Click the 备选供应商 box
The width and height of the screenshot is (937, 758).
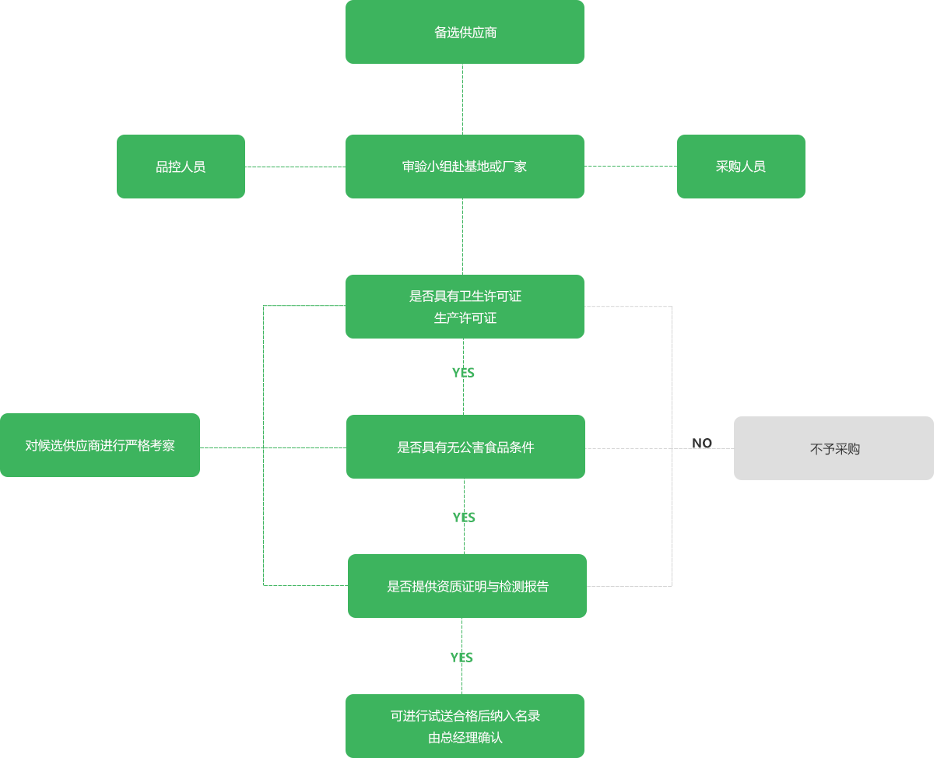tap(465, 32)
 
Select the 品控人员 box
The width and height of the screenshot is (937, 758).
tap(181, 167)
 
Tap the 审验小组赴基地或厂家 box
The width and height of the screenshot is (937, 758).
tap(465, 167)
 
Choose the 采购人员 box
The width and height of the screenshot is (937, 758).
tap(741, 167)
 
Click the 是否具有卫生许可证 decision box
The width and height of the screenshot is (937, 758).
tap(465, 307)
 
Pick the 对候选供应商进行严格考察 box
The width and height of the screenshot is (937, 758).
tap(100, 445)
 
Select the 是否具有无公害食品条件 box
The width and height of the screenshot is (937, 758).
tap(465, 447)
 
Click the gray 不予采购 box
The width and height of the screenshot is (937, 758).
tap(833, 448)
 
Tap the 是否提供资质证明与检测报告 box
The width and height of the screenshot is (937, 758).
tap(467, 586)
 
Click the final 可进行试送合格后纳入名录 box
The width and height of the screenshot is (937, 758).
tap(465, 725)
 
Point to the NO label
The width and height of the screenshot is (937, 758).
tap(702, 443)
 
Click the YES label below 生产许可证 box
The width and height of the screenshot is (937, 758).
tap(463, 373)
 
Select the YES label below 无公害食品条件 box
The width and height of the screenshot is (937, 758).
tap(464, 518)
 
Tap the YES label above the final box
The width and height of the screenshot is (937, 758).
tap(461, 658)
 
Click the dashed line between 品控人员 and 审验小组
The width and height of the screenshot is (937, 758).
tap(295, 167)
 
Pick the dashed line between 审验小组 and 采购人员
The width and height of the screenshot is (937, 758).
tap(630, 166)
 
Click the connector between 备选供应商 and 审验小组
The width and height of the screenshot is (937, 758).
tap(463, 99)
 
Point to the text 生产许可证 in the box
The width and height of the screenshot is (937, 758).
tap(465, 318)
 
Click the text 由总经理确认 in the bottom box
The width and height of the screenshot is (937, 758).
tap(465, 738)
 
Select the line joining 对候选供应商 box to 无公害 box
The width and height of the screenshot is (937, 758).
tap(272, 447)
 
